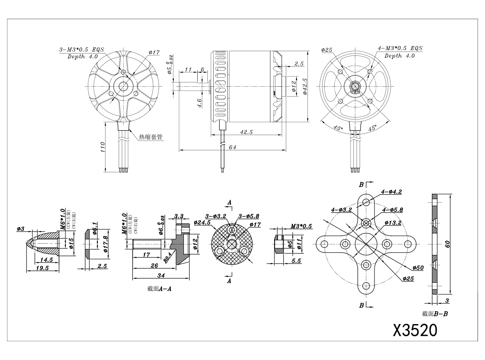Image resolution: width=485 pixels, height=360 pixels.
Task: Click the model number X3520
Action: [x=415, y=330]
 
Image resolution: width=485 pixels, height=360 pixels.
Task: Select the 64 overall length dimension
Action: [x=233, y=147]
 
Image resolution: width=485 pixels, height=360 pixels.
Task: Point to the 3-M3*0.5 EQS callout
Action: [x=78, y=50]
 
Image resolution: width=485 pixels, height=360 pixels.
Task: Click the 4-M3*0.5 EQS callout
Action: [x=400, y=48]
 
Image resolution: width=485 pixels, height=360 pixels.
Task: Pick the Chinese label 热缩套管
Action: [x=151, y=137]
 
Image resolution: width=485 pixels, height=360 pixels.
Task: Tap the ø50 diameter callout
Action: [x=418, y=267]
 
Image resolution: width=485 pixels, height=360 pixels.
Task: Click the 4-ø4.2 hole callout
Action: [x=391, y=192]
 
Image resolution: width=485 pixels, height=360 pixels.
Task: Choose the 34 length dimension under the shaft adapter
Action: [x=160, y=275]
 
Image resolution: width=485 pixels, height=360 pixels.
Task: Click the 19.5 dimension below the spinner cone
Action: [x=42, y=268]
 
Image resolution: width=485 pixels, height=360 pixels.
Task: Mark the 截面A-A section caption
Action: [x=159, y=289]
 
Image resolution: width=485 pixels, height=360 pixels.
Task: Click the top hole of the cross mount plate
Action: [x=366, y=202]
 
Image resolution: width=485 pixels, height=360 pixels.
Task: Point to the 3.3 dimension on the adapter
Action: [x=179, y=216]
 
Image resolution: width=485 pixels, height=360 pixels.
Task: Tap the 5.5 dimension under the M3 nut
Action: [x=296, y=261]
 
